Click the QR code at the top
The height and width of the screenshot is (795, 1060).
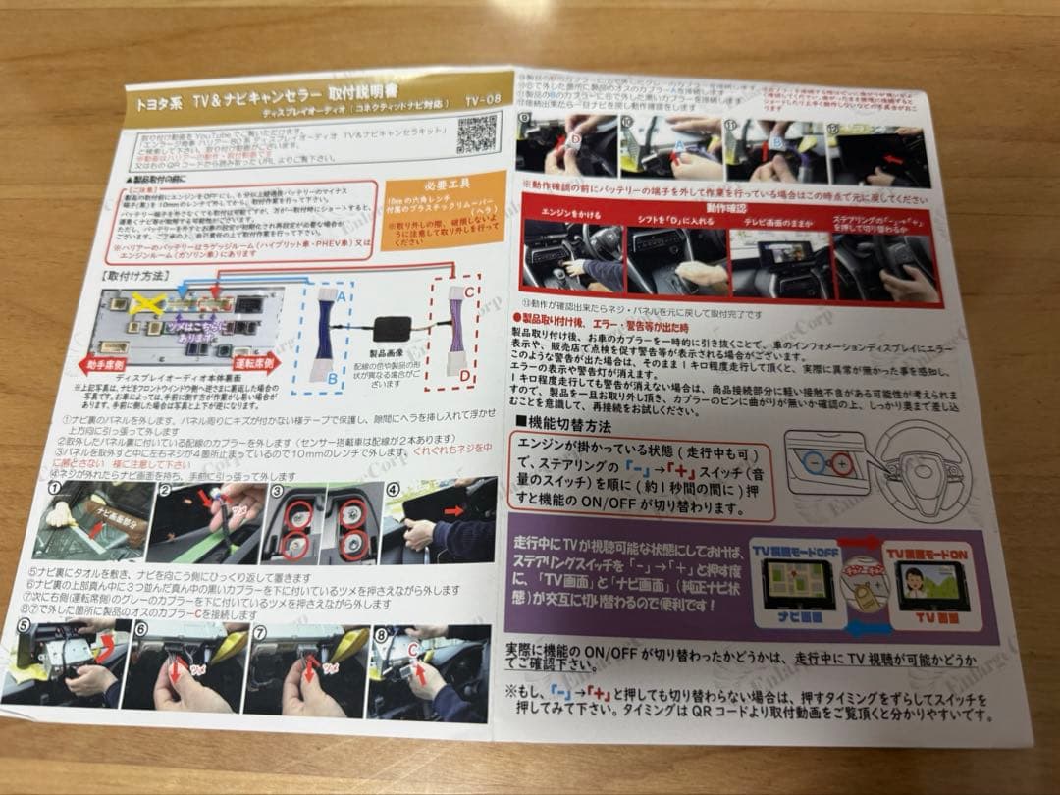tap(476, 132)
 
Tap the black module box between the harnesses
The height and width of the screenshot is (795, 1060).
tap(397, 331)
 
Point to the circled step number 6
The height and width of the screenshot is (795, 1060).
tap(142, 629)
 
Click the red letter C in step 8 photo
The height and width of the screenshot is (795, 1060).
tap(411, 649)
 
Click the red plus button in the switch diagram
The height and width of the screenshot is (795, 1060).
tap(841, 463)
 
